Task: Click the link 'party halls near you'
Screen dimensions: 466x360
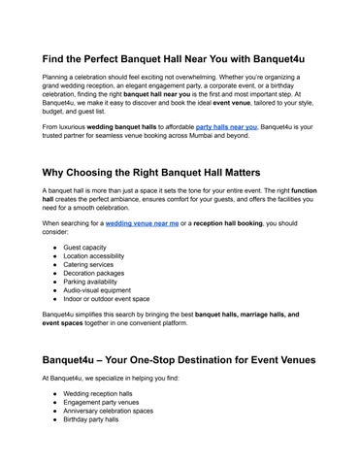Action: pyautogui.click(x=226, y=126)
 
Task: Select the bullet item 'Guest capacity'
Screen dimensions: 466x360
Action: pyautogui.click(x=85, y=248)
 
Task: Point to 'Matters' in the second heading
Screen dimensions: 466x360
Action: pyautogui.click(x=273, y=173)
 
